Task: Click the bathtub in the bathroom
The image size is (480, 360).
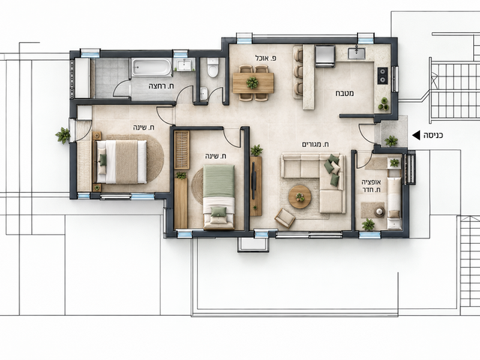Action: pyautogui.click(x=151, y=67)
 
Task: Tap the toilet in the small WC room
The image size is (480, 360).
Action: pyautogui.click(x=213, y=67)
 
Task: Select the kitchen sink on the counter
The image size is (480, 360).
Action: pyautogui.click(x=357, y=52)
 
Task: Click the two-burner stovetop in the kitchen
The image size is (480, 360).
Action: pyautogui.click(x=382, y=76)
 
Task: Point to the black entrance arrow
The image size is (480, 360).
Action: pyautogui.click(x=416, y=135)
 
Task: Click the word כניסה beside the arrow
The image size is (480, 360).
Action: pyautogui.click(x=433, y=135)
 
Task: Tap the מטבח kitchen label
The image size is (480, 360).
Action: pyautogui.click(x=346, y=93)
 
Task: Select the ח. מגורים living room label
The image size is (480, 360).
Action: pyautogui.click(x=315, y=144)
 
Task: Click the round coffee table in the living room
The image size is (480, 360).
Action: pyautogui.click(x=300, y=196)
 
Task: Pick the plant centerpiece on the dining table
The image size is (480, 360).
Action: pyautogui.click(x=252, y=82)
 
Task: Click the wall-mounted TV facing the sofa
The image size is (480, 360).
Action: pyautogui.click(x=253, y=181)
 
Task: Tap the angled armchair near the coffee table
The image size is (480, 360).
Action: pyautogui.click(x=285, y=218)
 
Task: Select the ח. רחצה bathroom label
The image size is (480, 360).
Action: pyautogui.click(x=161, y=87)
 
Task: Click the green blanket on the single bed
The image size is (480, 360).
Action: pyautogui.click(x=219, y=181)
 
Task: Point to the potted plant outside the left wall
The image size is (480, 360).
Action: pyautogui.click(x=63, y=135)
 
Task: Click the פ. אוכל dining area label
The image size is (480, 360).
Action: pyautogui.click(x=265, y=58)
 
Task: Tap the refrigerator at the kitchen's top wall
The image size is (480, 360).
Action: pyautogui.click(x=325, y=55)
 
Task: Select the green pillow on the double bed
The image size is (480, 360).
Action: pyautogui.click(x=103, y=160)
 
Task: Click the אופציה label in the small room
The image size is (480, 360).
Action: pyautogui.click(x=371, y=182)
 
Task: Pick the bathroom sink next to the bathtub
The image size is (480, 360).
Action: pyautogui.click(x=184, y=64)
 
